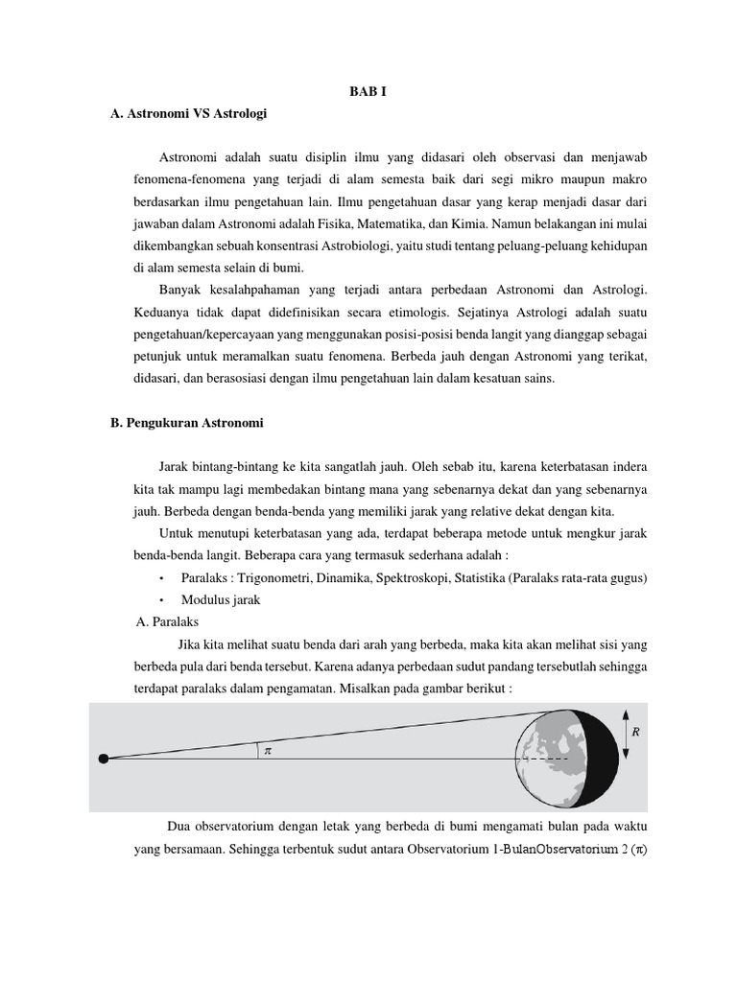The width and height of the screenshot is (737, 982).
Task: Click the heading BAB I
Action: (x=368, y=92)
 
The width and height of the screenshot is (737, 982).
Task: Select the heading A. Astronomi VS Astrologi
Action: (x=188, y=114)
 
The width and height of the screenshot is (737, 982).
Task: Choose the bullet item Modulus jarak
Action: (x=220, y=599)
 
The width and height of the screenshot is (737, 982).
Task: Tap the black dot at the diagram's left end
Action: (x=104, y=759)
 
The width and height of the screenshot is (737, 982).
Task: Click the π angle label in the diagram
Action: (x=268, y=752)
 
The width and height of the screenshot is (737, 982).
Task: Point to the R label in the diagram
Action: (x=634, y=732)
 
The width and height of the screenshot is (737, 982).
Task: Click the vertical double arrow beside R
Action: (x=626, y=735)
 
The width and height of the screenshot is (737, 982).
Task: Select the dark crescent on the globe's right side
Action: (x=606, y=758)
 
